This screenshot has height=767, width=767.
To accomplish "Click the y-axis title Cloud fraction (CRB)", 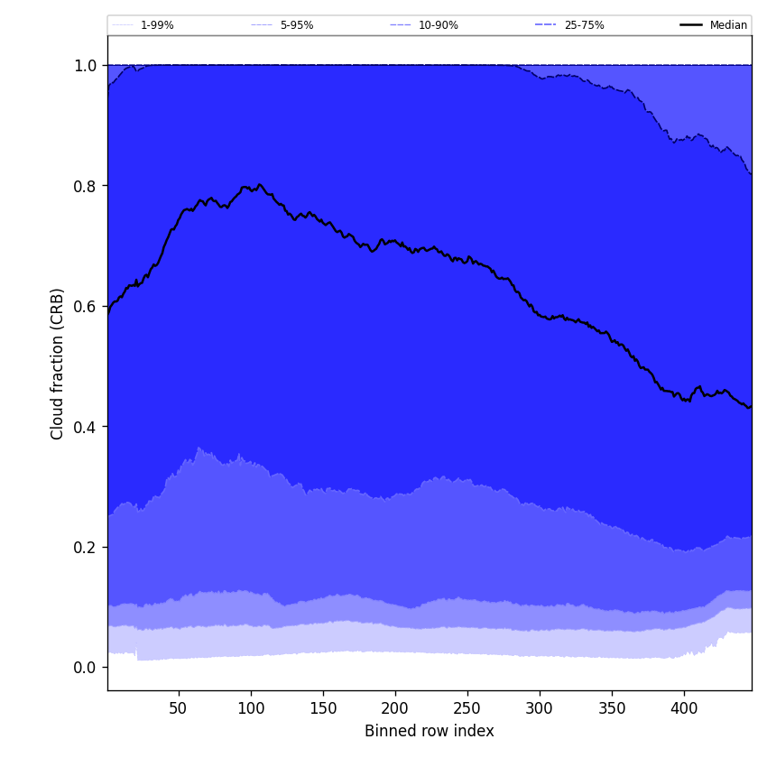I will pyautogui.click(x=58, y=364).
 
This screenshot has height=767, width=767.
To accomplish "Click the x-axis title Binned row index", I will pyautogui.click(x=429, y=731).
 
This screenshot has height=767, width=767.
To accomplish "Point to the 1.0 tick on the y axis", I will pyautogui.click(x=86, y=65).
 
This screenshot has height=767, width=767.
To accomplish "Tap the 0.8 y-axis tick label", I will pyautogui.click(x=86, y=186).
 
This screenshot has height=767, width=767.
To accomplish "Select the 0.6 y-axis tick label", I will pyautogui.click(x=86, y=306).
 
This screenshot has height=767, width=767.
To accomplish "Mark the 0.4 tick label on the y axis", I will pyautogui.click(x=86, y=427).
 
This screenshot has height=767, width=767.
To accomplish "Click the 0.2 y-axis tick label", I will pyautogui.click(x=86, y=547).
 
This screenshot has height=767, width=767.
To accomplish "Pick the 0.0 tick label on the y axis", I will pyautogui.click(x=86, y=668).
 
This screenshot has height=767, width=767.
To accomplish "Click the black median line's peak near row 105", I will pyautogui.click(x=260, y=185).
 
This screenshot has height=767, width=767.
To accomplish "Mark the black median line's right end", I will pyautogui.click(x=750, y=407).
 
